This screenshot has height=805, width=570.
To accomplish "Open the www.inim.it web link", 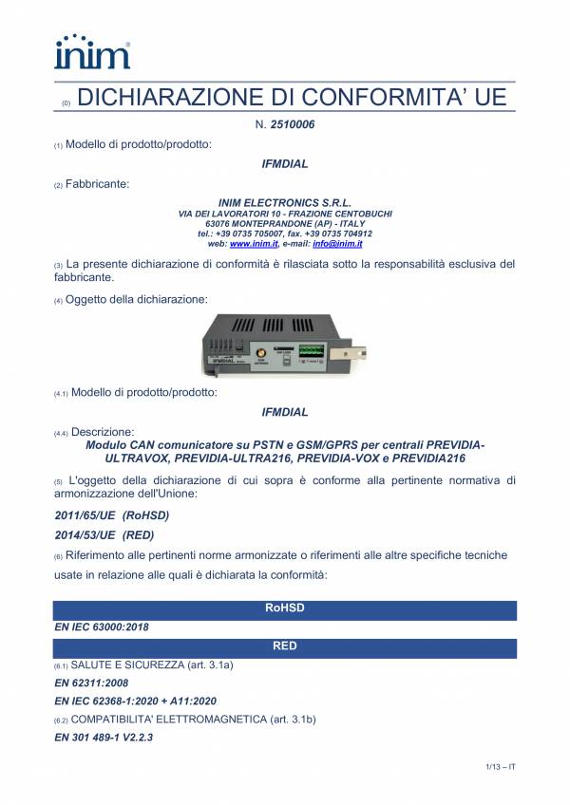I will [253, 244].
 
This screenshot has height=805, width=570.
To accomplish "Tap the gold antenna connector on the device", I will [259, 354].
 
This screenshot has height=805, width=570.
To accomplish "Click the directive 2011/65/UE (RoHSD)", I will [112, 515].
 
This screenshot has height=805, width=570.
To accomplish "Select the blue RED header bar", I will [285, 646].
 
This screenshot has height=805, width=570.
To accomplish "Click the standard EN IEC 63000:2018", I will [102, 627].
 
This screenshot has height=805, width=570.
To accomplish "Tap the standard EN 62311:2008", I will [90, 683].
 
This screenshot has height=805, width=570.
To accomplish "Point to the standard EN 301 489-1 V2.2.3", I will [104, 737].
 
